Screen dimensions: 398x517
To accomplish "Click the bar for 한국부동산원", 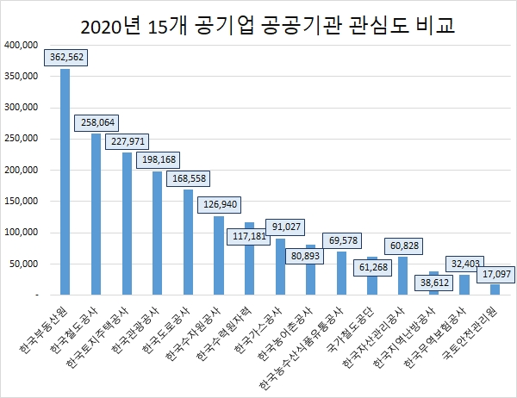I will tap(65, 182).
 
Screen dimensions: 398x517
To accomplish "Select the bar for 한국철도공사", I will tap(96, 215).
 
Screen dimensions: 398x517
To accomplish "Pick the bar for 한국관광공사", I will tap(157, 233).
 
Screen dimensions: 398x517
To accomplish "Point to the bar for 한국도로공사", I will tap(188, 242).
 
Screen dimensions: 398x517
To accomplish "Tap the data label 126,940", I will tap(219, 205).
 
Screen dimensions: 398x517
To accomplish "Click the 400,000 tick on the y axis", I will tap(21, 45).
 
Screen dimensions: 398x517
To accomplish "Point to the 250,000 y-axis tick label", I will tap(21, 139).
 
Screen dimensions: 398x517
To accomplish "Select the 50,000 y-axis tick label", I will tap(23, 264).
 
